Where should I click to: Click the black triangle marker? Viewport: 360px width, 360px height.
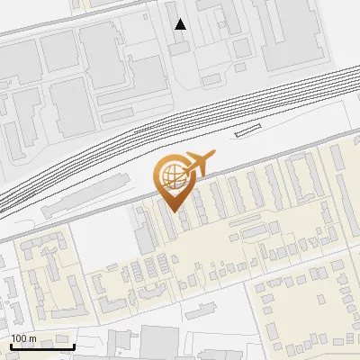[181, 24]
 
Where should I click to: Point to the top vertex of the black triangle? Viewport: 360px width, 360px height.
[181, 19]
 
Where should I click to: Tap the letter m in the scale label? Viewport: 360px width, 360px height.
[33, 337]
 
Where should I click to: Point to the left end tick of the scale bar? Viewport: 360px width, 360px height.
[11, 344]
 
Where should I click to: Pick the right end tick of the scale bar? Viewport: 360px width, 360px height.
[74, 344]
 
